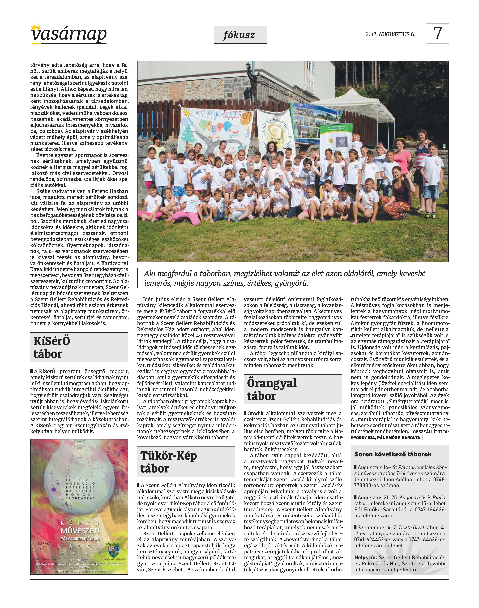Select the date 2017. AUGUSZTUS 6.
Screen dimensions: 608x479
pyautogui.click(x=390, y=35)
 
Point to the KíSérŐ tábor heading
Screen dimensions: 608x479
pyautogui.click(x=52, y=347)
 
